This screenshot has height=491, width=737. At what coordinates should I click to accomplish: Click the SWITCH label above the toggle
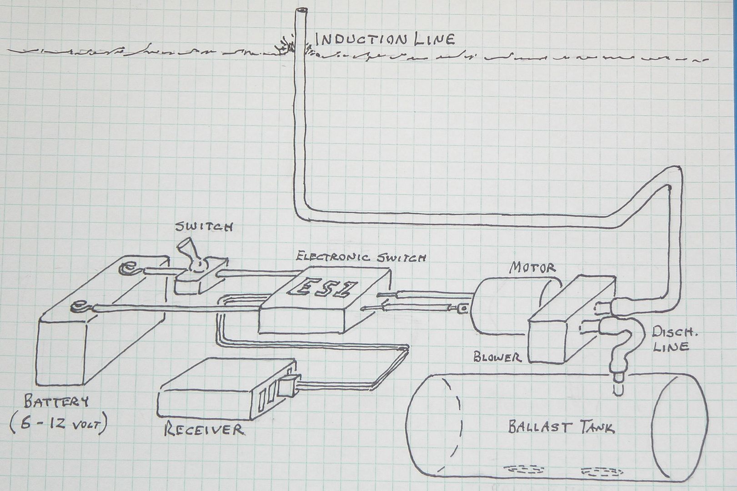pyautogui.click(x=204, y=226)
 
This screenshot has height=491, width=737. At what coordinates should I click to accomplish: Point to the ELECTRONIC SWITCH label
pyautogui.click(x=361, y=256)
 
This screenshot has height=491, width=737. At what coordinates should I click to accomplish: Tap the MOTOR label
pyautogui.click(x=532, y=268)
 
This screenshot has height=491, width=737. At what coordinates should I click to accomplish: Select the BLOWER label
pyautogui.click(x=497, y=356)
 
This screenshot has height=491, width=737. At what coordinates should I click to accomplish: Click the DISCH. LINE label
pyautogui.click(x=673, y=339)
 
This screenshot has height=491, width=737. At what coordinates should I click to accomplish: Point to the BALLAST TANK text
pyautogui.click(x=562, y=427)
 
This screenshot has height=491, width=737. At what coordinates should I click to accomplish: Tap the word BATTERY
pyautogui.click(x=56, y=401)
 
